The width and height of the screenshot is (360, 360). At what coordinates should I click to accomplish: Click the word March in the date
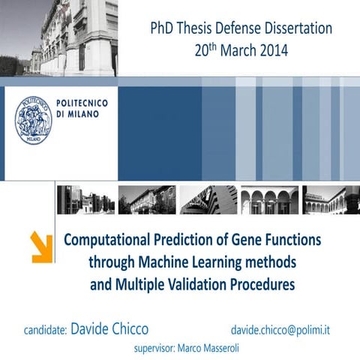[231, 51]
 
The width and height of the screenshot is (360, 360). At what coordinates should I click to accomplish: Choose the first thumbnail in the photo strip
[85, 200]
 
